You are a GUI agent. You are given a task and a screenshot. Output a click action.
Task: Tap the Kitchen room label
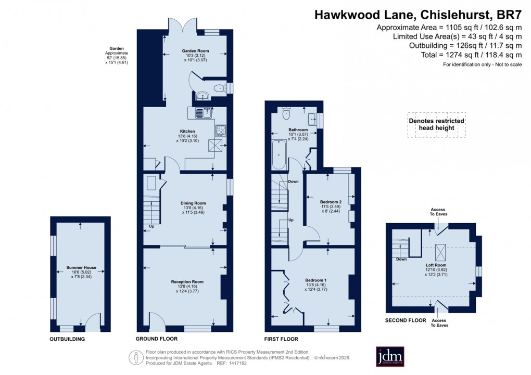(x=187, y=131)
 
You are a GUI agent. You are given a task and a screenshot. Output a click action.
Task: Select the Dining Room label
(x=193, y=203)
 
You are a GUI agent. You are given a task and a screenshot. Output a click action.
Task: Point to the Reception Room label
(x=187, y=281)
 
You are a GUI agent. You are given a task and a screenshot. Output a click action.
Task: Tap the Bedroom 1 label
(x=316, y=280)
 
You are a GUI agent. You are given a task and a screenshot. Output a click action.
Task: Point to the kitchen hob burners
(x=220, y=130)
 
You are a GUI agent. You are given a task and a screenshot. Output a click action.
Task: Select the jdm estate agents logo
(x=390, y=357)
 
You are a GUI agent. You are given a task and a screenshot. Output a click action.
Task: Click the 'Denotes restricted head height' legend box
(x=436, y=125)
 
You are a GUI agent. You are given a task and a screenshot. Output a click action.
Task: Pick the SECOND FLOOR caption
(x=405, y=320)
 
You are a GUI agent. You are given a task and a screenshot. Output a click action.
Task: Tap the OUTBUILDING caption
(x=67, y=339)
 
